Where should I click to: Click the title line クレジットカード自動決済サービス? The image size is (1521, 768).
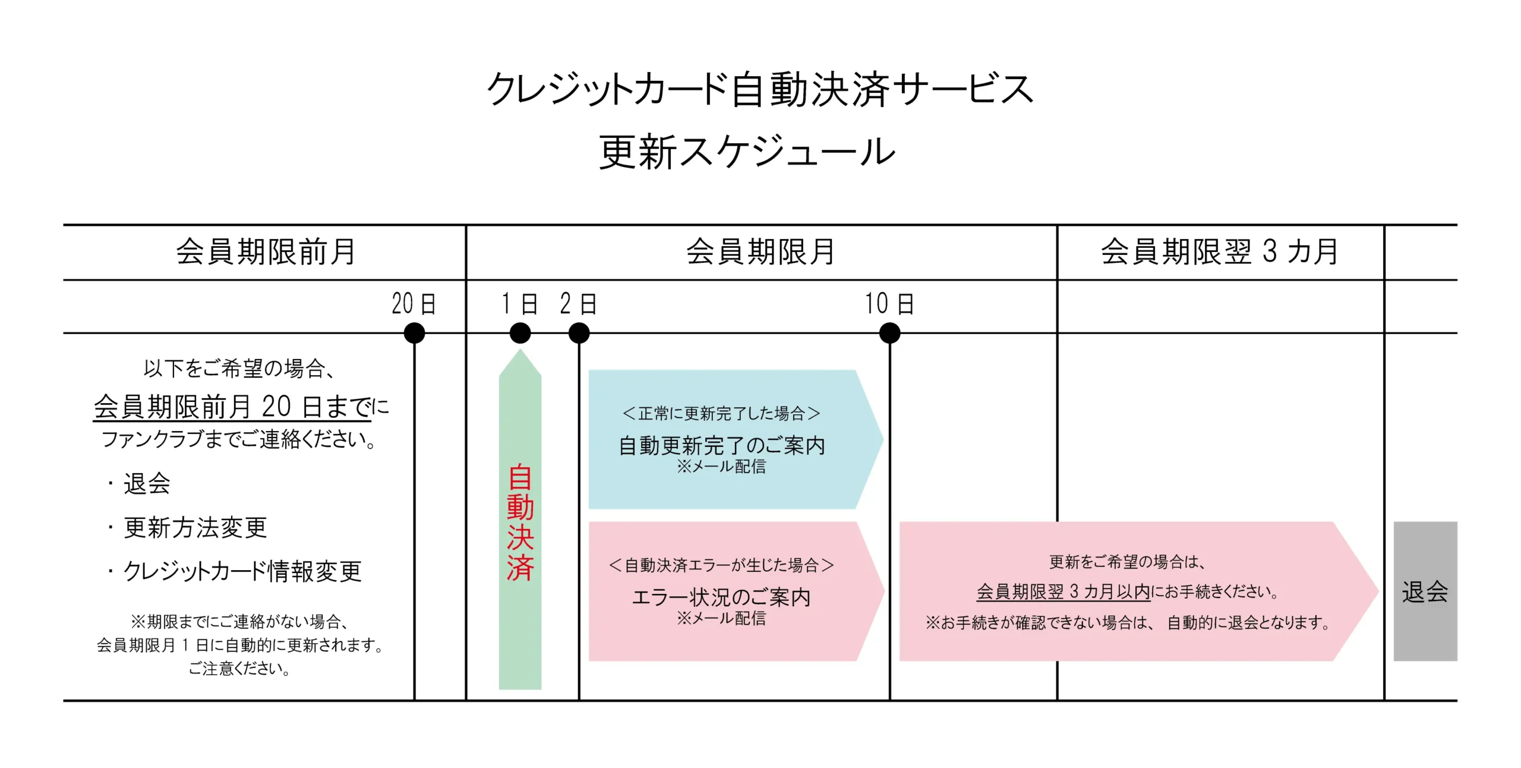click(760, 90)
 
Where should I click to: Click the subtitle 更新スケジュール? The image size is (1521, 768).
click(747, 152)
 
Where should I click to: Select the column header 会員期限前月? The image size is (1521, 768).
click(265, 252)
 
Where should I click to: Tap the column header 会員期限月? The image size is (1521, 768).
click(760, 252)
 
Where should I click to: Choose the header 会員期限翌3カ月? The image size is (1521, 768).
click(1219, 252)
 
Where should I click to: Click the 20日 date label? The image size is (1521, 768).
click(414, 304)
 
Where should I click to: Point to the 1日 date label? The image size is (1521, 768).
click(519, 304)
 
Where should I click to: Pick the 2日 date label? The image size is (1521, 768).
click(578, 304)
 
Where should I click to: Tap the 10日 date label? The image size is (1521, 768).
click(889, 304)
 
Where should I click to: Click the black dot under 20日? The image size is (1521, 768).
click(414, 333)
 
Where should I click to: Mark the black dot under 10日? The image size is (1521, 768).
click(889, 333)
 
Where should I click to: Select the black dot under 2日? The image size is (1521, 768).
click(579, 333)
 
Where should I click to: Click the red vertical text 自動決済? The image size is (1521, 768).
click(520, 522)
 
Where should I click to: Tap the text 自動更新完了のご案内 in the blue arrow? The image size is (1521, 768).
click(722, 445)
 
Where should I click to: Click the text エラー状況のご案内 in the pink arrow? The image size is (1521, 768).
click(721, 597)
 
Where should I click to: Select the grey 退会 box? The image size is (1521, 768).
click(1425, 591)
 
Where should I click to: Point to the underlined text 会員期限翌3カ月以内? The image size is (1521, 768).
click(1063, 591)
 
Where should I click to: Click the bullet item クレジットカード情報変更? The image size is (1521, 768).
click(242, 572)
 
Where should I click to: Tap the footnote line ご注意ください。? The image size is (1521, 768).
click(239, 669)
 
